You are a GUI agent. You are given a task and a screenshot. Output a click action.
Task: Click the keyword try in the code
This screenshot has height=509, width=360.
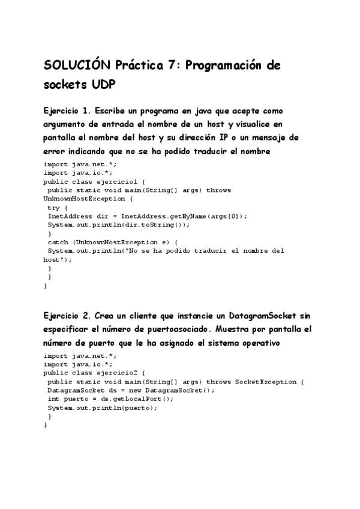coord(53,207)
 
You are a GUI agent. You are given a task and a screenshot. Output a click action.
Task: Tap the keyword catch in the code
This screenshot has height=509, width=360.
coord(58,242)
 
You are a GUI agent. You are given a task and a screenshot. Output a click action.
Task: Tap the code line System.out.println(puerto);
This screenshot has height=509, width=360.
coord(103,407)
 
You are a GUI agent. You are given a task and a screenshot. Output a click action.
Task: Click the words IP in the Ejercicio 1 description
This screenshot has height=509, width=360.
coord(227,137)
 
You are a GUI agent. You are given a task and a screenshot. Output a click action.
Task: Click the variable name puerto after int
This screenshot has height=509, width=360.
coord(73,399)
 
